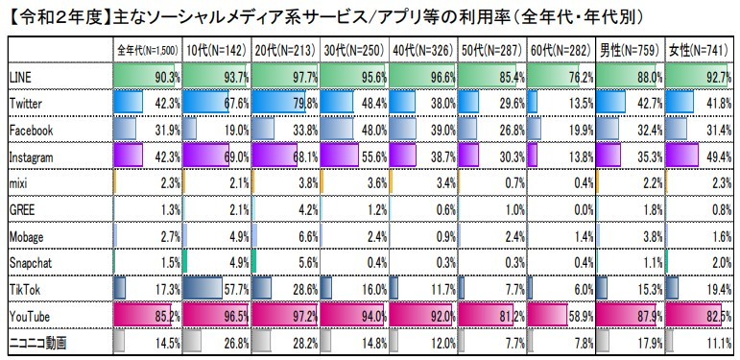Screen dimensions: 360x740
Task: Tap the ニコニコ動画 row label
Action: tap(37, 341)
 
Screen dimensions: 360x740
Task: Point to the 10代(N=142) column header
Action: tap(215, 49)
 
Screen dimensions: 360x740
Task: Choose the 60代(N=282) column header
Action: tap(560, 49)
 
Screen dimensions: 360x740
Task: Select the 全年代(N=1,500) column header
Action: tap(147, 49)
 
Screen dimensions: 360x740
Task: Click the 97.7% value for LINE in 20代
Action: tap(298, 77)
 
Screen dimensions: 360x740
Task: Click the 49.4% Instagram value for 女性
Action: tap(713, 156)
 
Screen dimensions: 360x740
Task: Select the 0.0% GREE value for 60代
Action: tap(577, 208)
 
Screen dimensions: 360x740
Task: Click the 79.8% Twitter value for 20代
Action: tap(298, 103)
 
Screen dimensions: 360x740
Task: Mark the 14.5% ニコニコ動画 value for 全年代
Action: tap(160, 341)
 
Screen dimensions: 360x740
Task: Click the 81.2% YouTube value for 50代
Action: tap(506, 315)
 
